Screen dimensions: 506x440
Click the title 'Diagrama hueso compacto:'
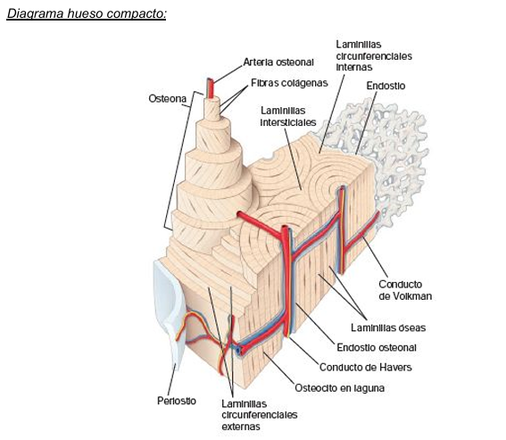(87, 13)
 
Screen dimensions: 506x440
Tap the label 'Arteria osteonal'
(278, 62)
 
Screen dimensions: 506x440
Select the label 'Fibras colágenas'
(289, 83)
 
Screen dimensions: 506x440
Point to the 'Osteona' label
(167, 98)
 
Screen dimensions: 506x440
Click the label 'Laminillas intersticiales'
(288, 117)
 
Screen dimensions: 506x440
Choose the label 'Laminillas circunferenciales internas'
(374, 56)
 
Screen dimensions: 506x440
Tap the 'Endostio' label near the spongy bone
(386, 86)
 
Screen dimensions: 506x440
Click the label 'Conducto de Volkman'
(405, 290)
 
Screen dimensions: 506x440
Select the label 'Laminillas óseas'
(388, 328)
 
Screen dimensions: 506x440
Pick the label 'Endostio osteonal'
(377, 348)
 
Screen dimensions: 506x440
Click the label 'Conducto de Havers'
(365, 368)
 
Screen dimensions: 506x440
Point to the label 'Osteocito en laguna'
(339, 388)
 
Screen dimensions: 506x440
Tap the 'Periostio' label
(177, 401)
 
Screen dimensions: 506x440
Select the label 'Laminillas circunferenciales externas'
(260, 415)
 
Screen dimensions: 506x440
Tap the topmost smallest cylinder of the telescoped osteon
(212, 108)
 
